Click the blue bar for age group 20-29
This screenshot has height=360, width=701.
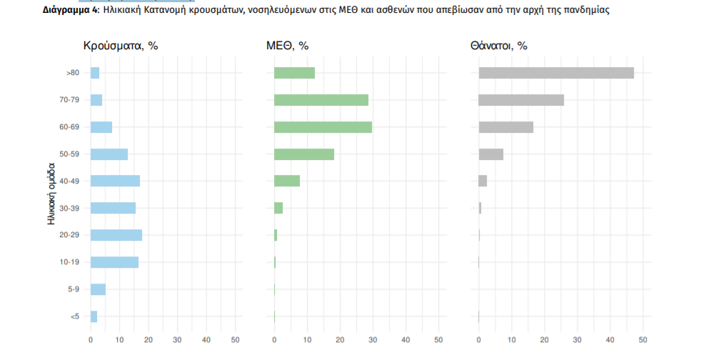tap(116, 235)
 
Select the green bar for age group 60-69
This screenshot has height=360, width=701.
tap(323, 127)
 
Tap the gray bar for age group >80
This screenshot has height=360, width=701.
tap(556, 73)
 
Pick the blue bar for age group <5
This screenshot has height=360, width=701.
tap(94, 316)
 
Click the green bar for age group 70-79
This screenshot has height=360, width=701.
tap(321, 100)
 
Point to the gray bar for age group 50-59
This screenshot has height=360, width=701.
tap(491, 154)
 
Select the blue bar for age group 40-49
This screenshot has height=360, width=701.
tap(115, 181)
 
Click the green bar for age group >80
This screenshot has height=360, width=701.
tap(294, 73)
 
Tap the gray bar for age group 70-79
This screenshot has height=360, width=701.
tap(521, 100)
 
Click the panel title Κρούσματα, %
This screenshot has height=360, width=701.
tap(121, 46)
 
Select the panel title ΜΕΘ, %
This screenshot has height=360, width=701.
tap(287, 46)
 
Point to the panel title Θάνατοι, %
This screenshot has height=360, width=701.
tap(498, 46)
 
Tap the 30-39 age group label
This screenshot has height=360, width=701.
tap(69, 208)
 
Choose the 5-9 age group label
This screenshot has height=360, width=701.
tap(73, 289)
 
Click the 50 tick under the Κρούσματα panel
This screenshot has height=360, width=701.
tap(236, 339)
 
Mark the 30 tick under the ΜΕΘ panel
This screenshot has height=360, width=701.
tap(373, 339)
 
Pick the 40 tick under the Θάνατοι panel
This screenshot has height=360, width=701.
tap(610, 339)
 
